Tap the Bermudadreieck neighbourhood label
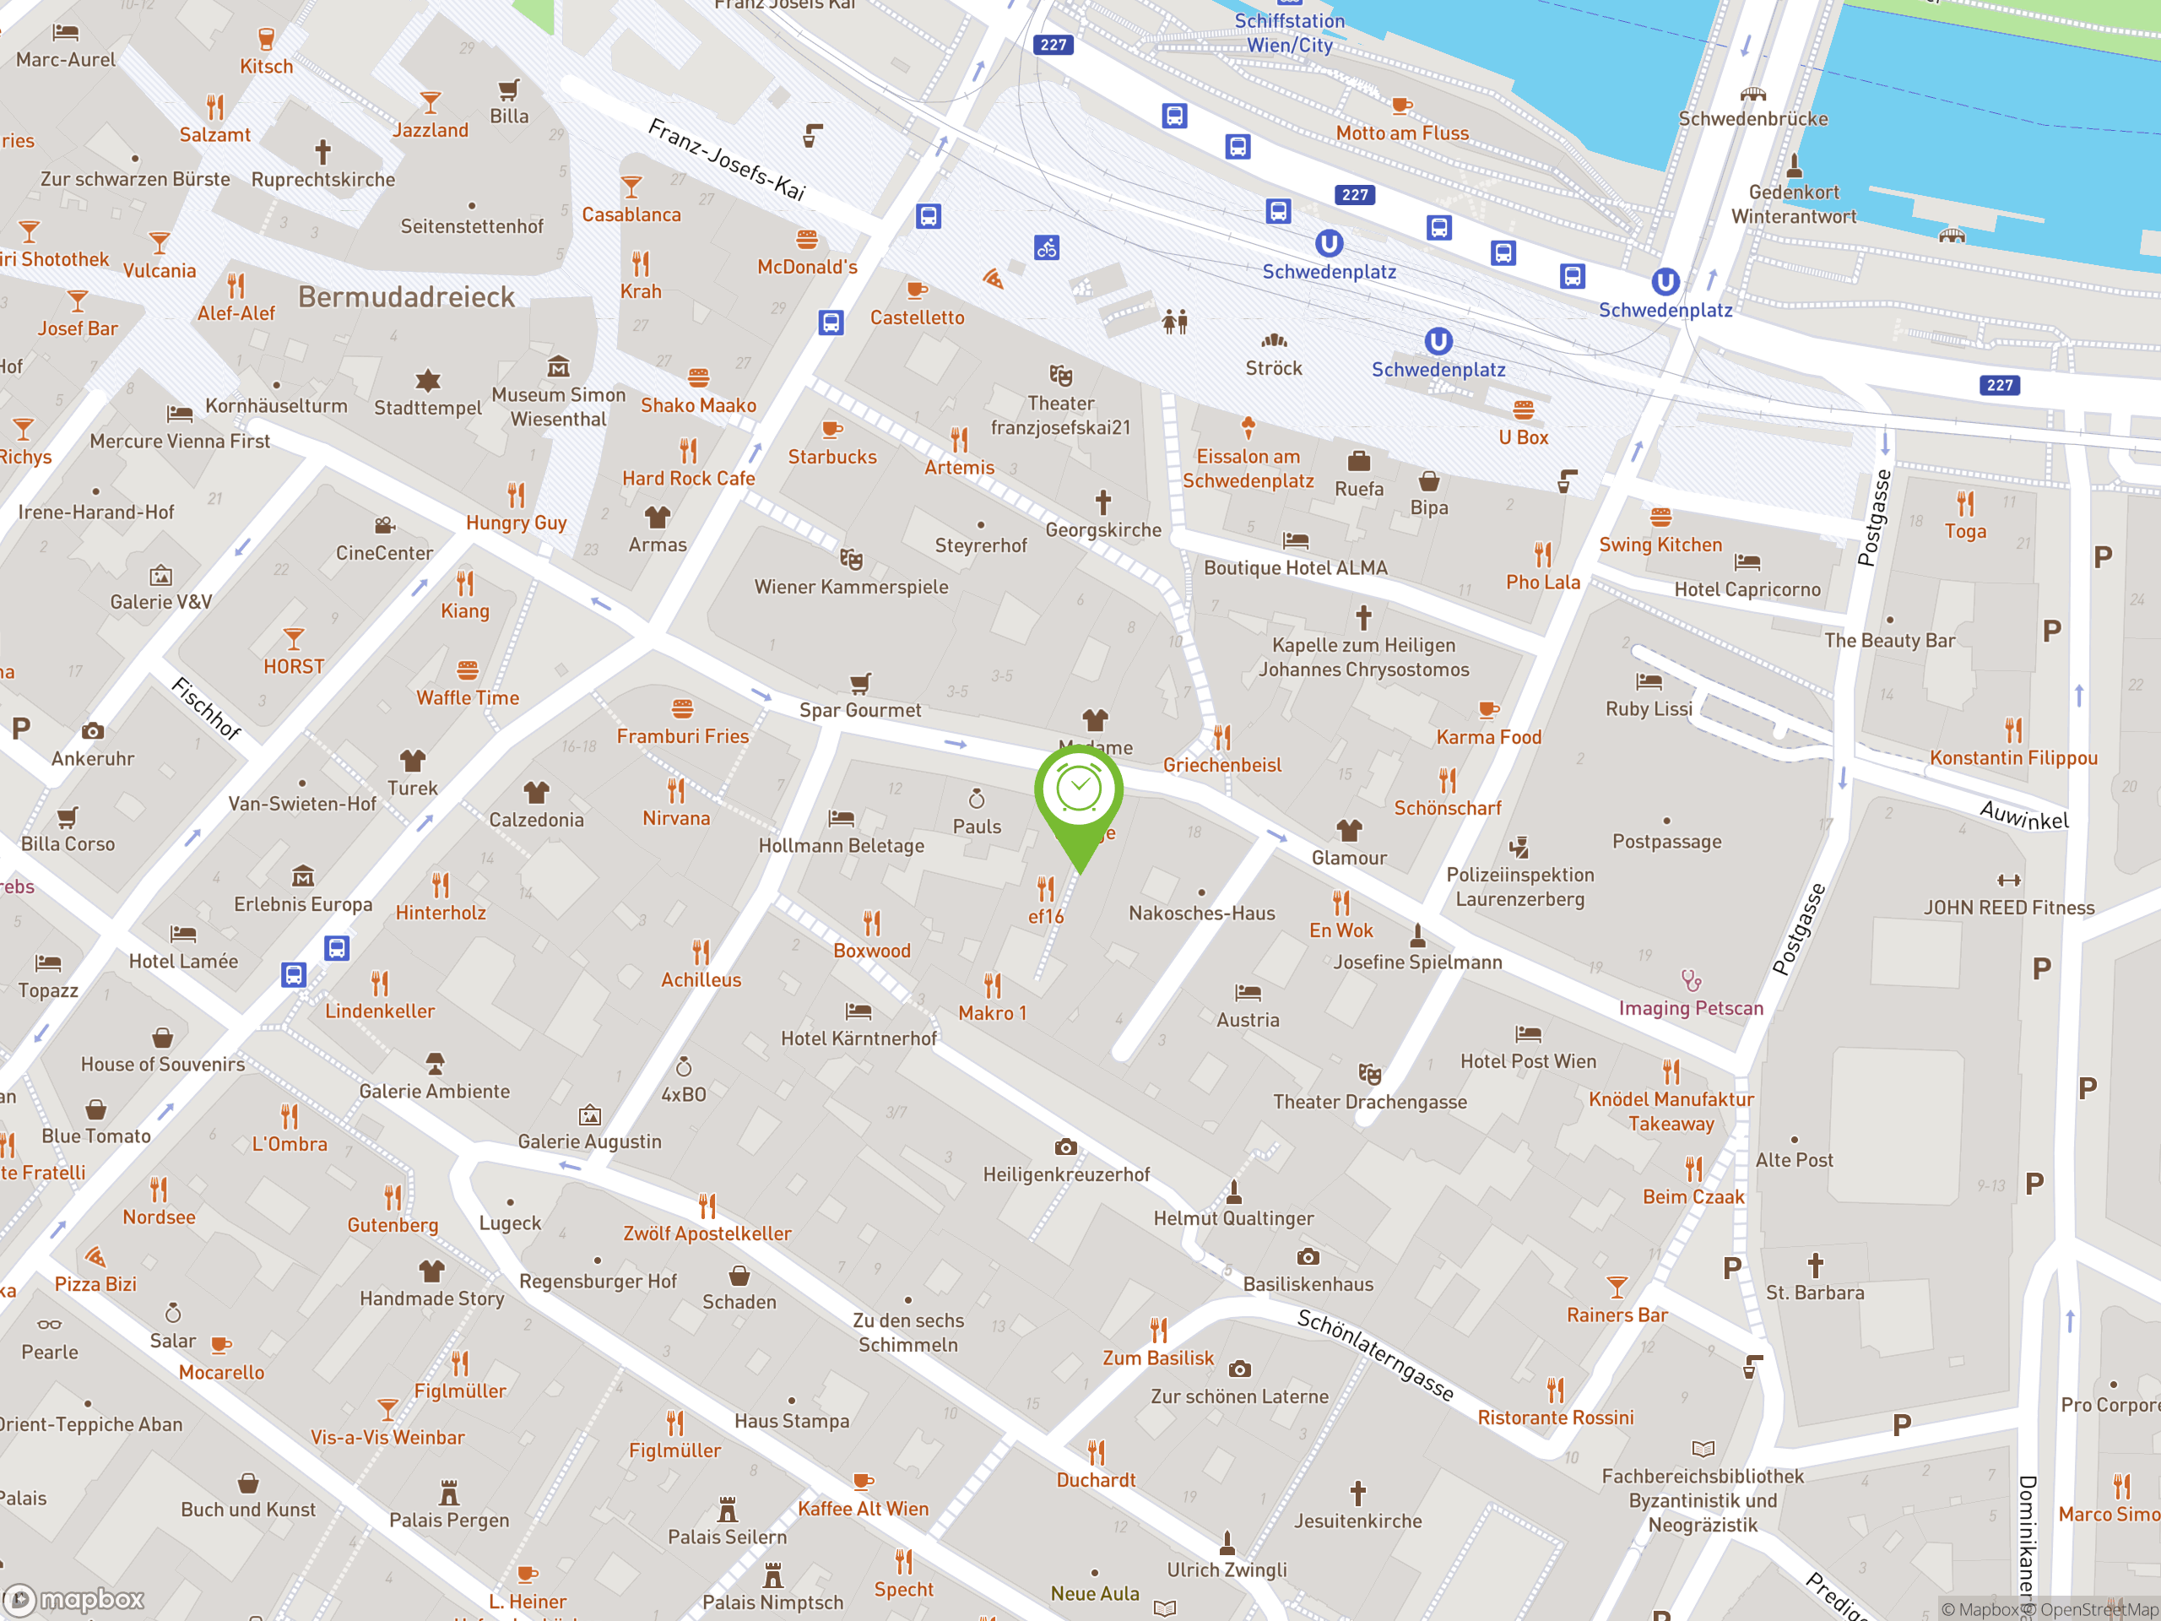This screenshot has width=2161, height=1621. point(406,297)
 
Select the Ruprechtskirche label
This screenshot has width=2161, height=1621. point(323,180)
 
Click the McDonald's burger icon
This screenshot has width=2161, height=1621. point(807,240)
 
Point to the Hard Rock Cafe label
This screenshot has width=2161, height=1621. point(689,479)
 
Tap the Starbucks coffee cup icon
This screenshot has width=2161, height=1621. point(832,429)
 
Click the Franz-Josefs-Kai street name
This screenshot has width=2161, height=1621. point(727,160)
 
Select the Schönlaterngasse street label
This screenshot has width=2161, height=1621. point(1374,1355)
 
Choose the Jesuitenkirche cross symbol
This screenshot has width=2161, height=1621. point(1358,1492)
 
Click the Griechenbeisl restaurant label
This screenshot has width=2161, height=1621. point(1222,765)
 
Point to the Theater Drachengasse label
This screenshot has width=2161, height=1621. point(1370,1102)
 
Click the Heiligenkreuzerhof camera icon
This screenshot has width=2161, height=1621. point(1066,1147)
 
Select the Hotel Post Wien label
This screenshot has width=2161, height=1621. point(1528,1062)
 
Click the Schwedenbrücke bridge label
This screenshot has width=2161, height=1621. point(1752,119)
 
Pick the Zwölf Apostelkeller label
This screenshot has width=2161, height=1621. point(707,1234)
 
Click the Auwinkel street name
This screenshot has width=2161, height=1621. point(2023,815)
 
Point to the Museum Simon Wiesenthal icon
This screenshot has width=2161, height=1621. point(558,367)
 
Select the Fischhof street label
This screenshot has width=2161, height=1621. point(206,708)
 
